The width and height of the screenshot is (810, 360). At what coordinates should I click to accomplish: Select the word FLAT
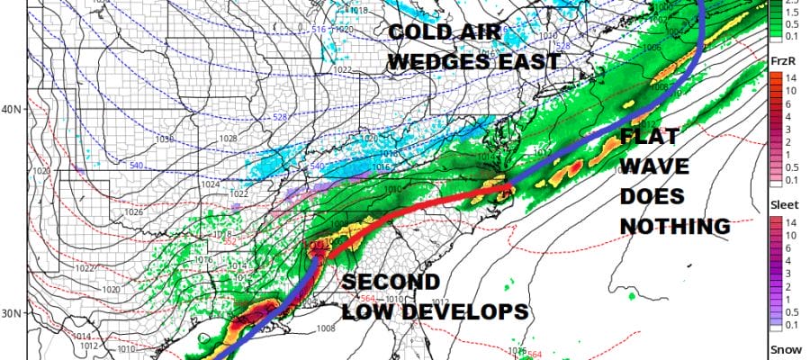(651, 139)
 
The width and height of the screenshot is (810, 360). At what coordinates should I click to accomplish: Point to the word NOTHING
(674, 225)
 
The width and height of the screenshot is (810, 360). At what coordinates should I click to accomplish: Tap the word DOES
(652, 196)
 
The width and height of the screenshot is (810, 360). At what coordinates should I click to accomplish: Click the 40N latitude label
(12, 110)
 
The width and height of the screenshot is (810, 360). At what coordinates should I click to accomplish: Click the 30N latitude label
(12, 313)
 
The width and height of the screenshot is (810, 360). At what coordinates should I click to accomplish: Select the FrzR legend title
(782, 60)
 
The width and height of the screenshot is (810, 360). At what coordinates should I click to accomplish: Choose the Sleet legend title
(782, 204)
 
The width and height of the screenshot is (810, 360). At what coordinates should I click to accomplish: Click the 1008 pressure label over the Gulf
(326, 328)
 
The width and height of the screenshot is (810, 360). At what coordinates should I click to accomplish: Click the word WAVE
(660, 167)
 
